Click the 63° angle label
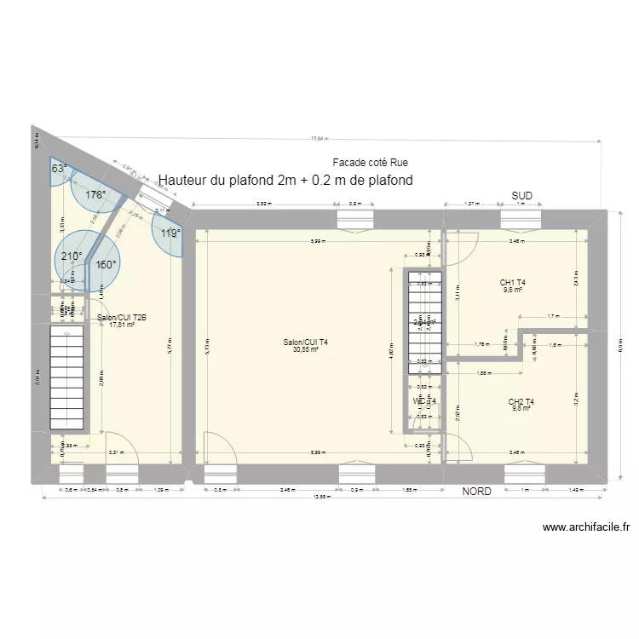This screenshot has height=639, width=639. (59, 169)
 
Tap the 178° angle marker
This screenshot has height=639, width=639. (95, 195)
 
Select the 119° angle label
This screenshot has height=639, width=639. (171, 233)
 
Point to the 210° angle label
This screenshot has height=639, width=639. (72, 256)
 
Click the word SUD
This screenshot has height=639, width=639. (521, 196)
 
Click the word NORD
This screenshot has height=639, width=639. (476, 492)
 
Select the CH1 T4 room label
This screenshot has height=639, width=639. (513, 282)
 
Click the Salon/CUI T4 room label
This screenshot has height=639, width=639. (306, 342)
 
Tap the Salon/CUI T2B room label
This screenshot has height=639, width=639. (122, 318)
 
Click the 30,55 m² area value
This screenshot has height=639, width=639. (305, 349)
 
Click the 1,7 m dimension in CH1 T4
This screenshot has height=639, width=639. (552, 316)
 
